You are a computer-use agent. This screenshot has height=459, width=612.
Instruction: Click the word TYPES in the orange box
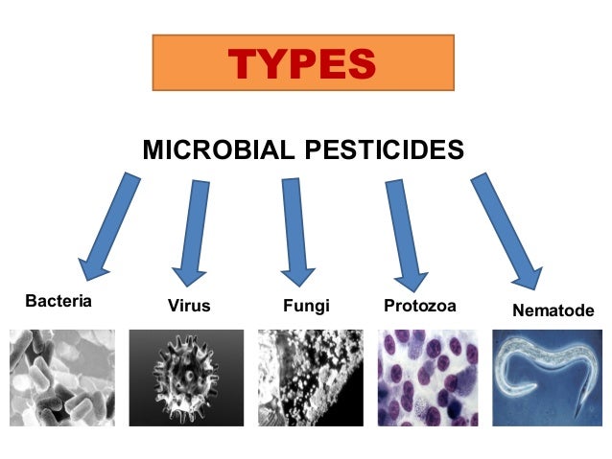301,64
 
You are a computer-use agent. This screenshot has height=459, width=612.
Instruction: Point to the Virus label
188,307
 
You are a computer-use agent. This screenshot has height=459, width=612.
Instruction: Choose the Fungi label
306,307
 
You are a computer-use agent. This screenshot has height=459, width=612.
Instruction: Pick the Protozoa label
419,307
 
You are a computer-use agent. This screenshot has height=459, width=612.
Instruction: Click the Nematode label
553,310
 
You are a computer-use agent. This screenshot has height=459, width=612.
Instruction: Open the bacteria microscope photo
59,379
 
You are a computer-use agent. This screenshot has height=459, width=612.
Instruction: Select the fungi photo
313,379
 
